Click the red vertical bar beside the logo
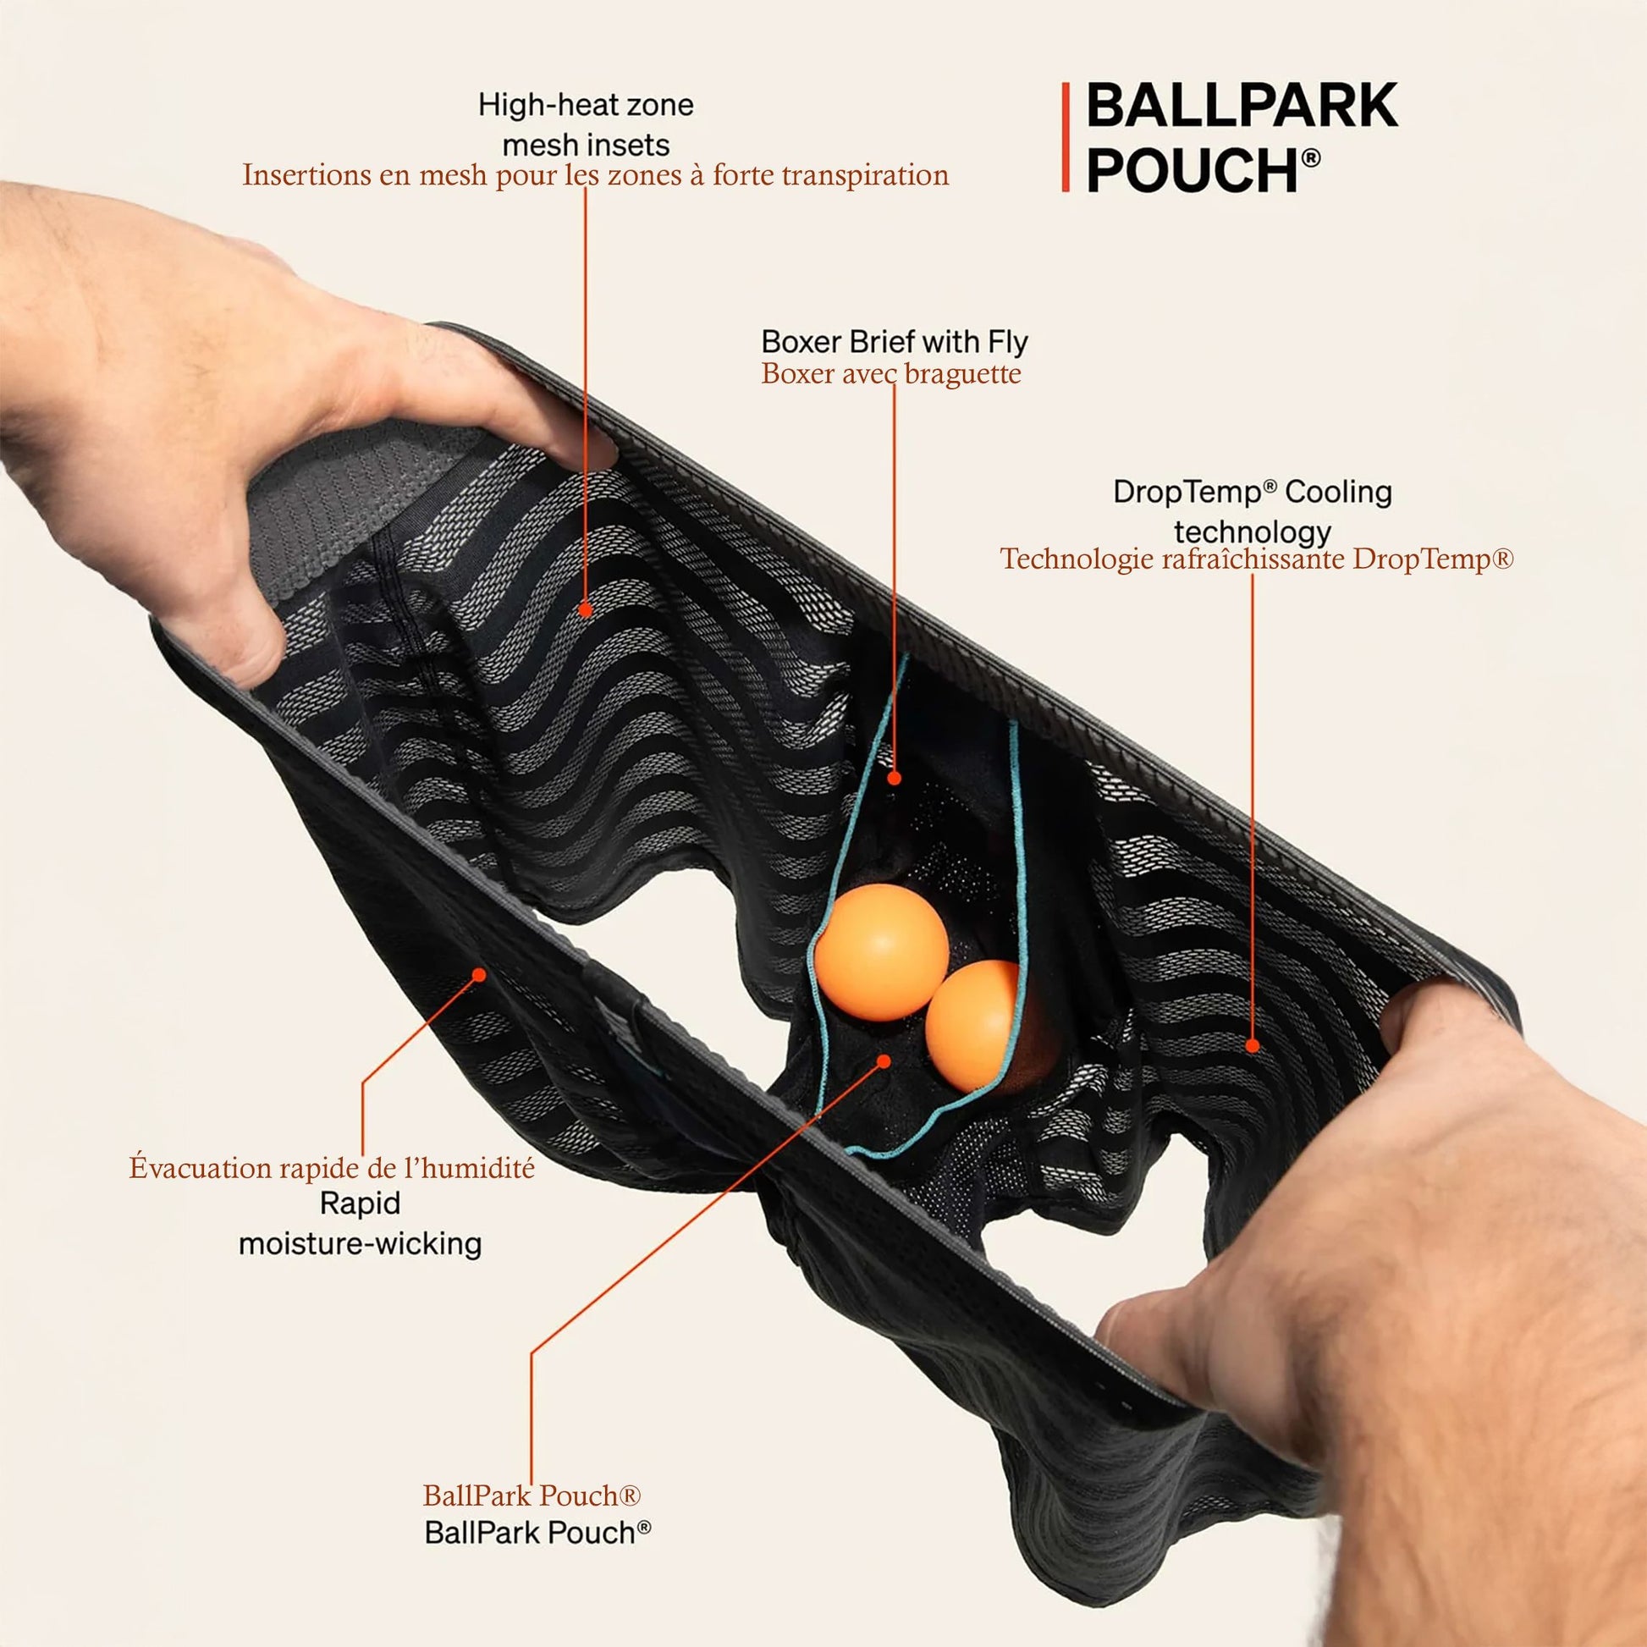[1066, 137]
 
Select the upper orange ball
[881, 951]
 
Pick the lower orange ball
[976, 1027]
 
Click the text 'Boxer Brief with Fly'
[895, 342]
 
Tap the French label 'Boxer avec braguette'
[891, 374]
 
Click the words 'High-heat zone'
[586, 106]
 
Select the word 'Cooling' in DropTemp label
[1338, 492]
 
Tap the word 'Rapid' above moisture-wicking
[360, 1203]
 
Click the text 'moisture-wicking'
[360, 1244]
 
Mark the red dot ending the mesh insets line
[585, 609]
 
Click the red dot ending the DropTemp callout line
[1253, 1045]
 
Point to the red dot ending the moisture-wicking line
[480, 973]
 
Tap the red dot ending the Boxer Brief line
[895, 778]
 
